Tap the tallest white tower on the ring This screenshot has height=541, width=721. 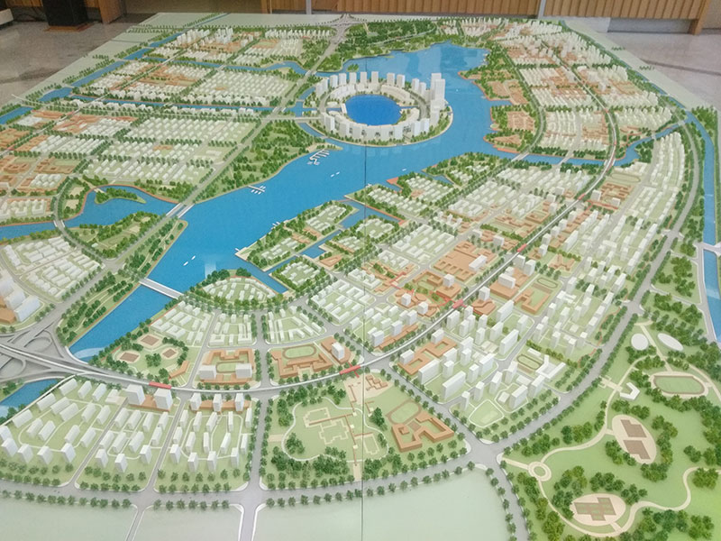(x=438, y=91)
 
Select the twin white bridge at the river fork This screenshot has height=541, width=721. (x=179, y=210)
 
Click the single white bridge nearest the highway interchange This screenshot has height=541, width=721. (x=160, y=289)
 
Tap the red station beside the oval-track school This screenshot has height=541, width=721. (x=351, y=367)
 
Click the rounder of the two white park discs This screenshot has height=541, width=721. (x=639, y=342)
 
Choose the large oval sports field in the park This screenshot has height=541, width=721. (x=679, y=384)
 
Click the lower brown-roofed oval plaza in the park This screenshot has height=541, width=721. (x=594, y=507)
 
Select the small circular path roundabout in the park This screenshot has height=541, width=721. (x=538, y=470)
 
